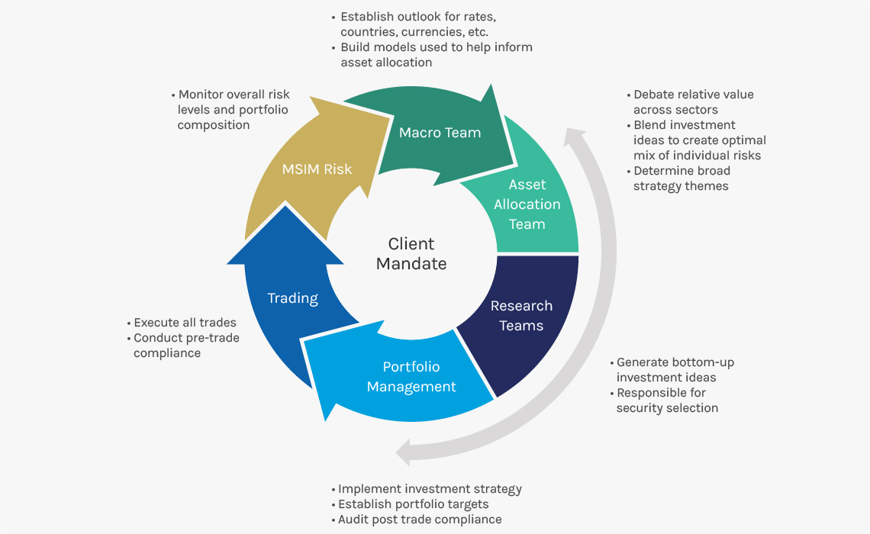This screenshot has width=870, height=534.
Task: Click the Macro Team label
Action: point(440,133)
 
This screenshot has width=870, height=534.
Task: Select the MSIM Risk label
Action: point(317,169)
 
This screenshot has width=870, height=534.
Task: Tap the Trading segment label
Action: point(292,298)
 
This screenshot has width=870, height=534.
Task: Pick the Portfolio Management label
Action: point(411,377)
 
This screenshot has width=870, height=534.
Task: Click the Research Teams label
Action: point(521,316)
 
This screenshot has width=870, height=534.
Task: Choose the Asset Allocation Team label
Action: point(527,204)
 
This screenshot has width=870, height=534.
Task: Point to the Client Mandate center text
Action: point(411,254)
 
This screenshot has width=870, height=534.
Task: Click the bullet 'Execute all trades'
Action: point(185,323)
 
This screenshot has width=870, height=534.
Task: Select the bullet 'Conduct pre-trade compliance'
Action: point(186,346)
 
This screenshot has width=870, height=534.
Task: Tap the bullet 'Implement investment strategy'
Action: point(430,489)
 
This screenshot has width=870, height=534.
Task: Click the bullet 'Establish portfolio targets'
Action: point(413,504)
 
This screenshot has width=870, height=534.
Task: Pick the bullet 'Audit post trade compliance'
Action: point(420,520)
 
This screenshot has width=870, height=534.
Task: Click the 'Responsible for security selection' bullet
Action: point(667,400)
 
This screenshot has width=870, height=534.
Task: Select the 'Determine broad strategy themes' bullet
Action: point(681,179)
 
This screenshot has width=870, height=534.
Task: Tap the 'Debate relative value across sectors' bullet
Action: point(693,102)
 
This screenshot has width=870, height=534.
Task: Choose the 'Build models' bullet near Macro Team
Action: point(436,55)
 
